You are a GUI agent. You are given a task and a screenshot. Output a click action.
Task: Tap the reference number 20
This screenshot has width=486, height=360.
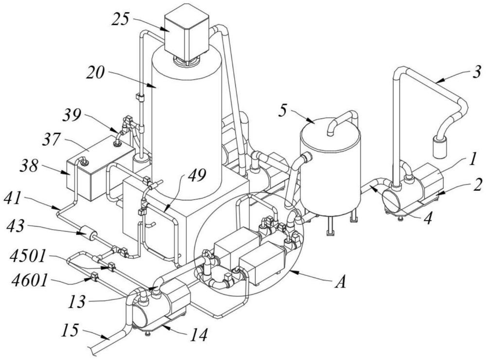coord(96,73)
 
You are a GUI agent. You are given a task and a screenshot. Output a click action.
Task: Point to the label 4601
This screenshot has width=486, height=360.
coord(30,281)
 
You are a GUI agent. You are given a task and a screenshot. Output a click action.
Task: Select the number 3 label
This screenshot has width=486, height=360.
coord(478,72)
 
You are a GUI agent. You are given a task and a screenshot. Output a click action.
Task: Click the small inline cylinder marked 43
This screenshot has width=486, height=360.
coord(87,234)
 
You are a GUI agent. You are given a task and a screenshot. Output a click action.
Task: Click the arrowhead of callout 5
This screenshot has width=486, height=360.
coord(312,121)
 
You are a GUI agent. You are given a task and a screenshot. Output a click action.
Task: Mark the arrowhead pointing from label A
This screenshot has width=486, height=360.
coord(294,272)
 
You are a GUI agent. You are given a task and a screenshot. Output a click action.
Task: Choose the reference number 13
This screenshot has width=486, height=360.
coord(77,301)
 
